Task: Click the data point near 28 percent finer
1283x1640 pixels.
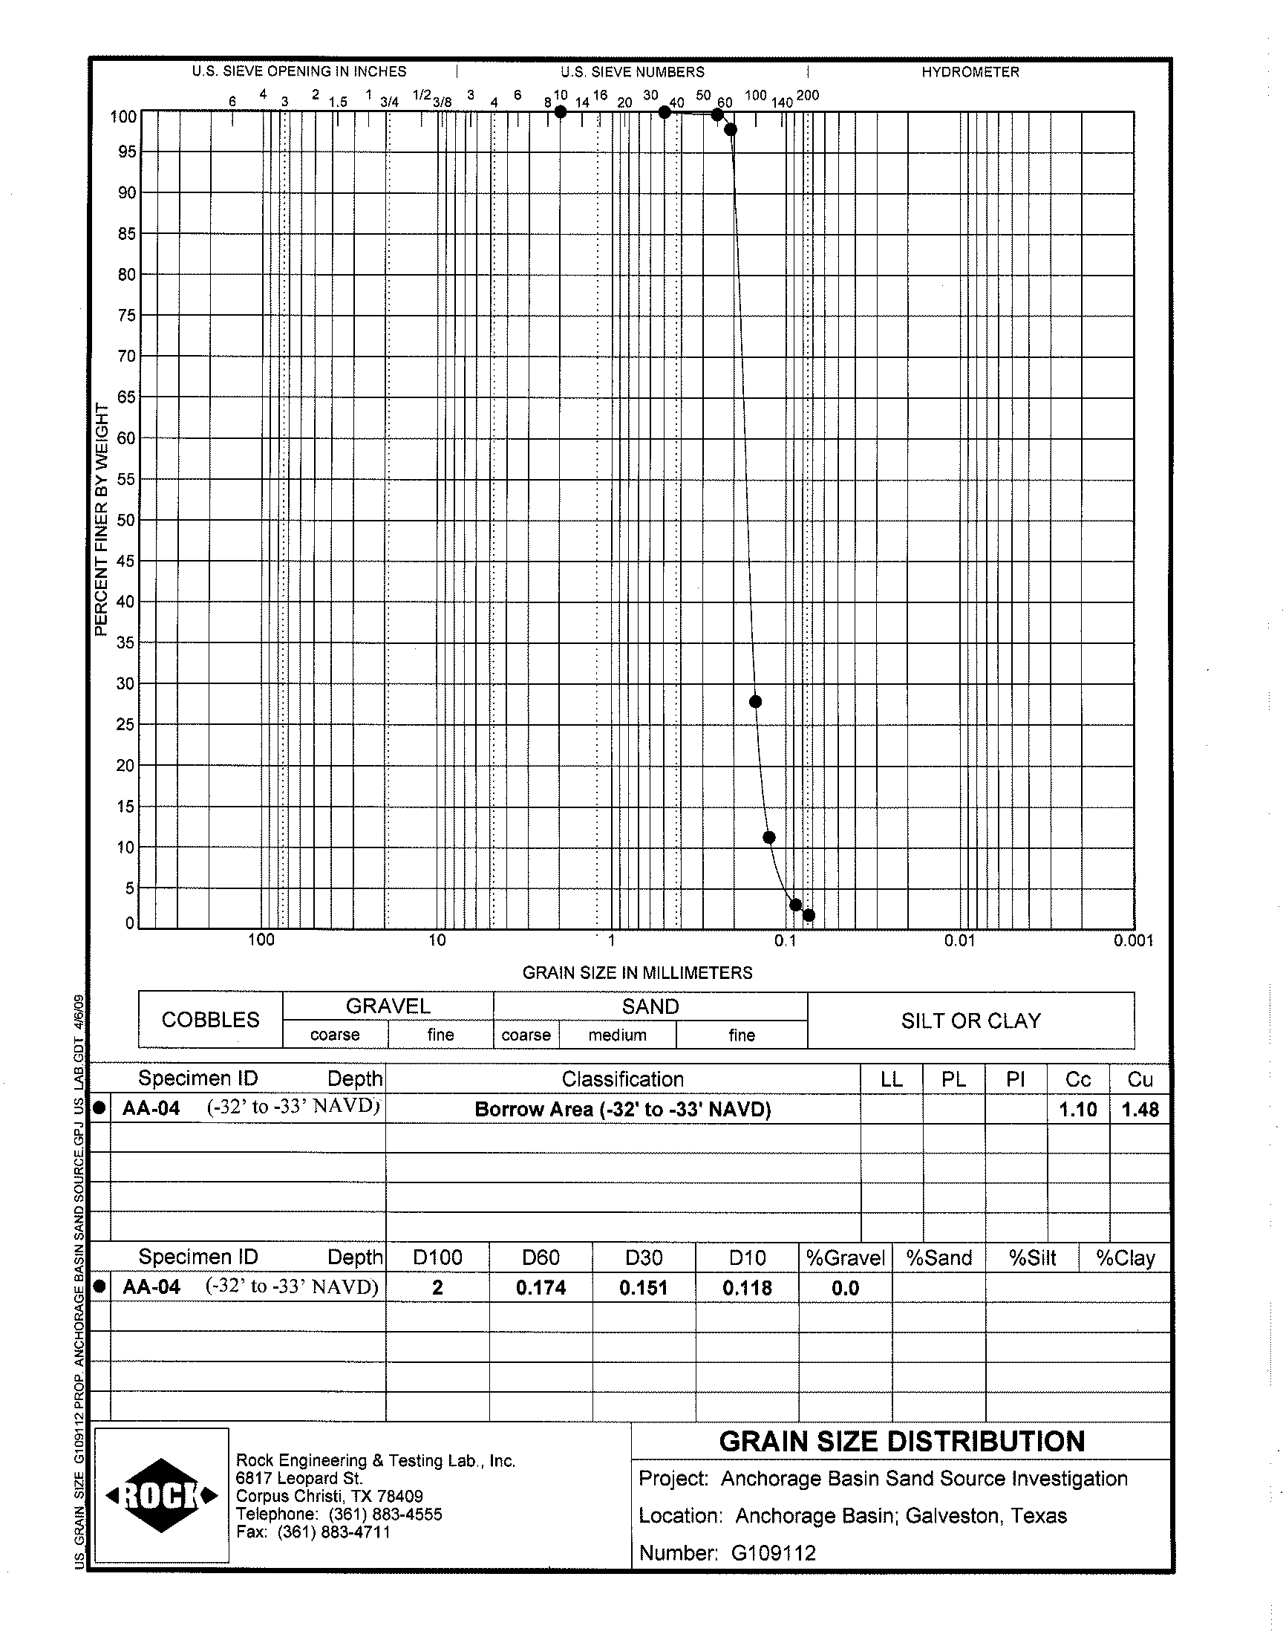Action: (x=756, y=702)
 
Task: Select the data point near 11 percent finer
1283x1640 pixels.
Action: (x=769, y=838)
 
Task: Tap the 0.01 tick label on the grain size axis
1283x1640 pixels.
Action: (x=959, y=940)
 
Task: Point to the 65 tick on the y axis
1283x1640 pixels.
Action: (x=127, y=397)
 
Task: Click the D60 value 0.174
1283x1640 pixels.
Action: (x=541, y=1288)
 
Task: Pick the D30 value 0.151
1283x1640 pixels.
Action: (x=644, y=1288)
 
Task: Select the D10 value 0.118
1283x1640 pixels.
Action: (x=748, y=1288)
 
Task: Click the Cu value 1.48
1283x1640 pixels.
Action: (x=1140, y=1110)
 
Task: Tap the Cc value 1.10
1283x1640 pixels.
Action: (x=1078, y=1110)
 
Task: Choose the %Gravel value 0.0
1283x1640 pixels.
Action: (x=845, y=1288)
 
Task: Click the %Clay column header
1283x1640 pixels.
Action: (x=1125, y=1257)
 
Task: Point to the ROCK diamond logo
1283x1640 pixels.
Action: (x=162, y=1496)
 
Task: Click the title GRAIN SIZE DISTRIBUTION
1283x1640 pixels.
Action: (x=901, y=1442)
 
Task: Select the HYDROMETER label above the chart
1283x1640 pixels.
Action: (x=970, y=72)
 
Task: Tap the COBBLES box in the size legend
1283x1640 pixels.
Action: (x=210, y=1020)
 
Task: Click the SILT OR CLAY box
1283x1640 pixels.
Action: (x=970, y=1021)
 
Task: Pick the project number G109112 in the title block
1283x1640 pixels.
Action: (x=773, y=1553)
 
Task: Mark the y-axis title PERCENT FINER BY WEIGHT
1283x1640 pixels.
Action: (x=102, y=519)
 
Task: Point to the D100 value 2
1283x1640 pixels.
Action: (x=437, y=1288)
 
